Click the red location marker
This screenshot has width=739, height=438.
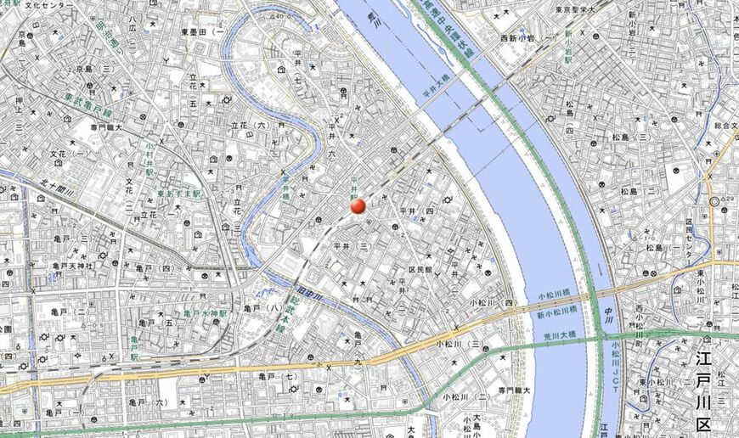coord(358,205)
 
